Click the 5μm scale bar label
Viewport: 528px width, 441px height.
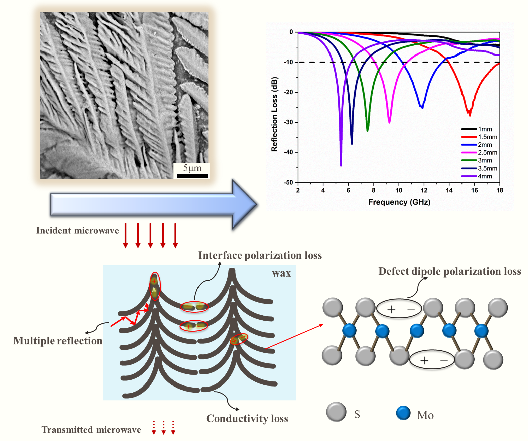[x=192, y=168]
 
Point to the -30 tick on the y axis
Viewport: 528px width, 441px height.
[x=289, y=122]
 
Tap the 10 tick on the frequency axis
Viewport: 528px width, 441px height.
[x=399, y=190]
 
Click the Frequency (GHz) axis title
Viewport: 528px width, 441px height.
[x=399, y=202]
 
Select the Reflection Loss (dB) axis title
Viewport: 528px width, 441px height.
[x=274, y=114]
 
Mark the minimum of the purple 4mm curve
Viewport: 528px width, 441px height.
[x=341, y=165]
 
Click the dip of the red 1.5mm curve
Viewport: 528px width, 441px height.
[x=470, y=115]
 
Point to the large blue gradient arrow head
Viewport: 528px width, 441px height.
[x=244, y=204]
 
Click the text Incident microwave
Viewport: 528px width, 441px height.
[x=78, y=231]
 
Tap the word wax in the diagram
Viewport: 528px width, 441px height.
[x=281, y=273]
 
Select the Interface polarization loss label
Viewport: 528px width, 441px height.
[x=260, y=256]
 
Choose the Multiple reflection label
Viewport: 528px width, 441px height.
[x=58, y=341]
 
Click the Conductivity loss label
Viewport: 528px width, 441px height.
[x=247, y=419]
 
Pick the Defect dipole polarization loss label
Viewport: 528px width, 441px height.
[x=449, y=271]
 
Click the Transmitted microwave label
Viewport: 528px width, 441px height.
[x=91, y=430]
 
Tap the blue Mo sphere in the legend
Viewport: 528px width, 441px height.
[x=403, y=413]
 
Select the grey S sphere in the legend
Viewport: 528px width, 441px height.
[x=336, y=412]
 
